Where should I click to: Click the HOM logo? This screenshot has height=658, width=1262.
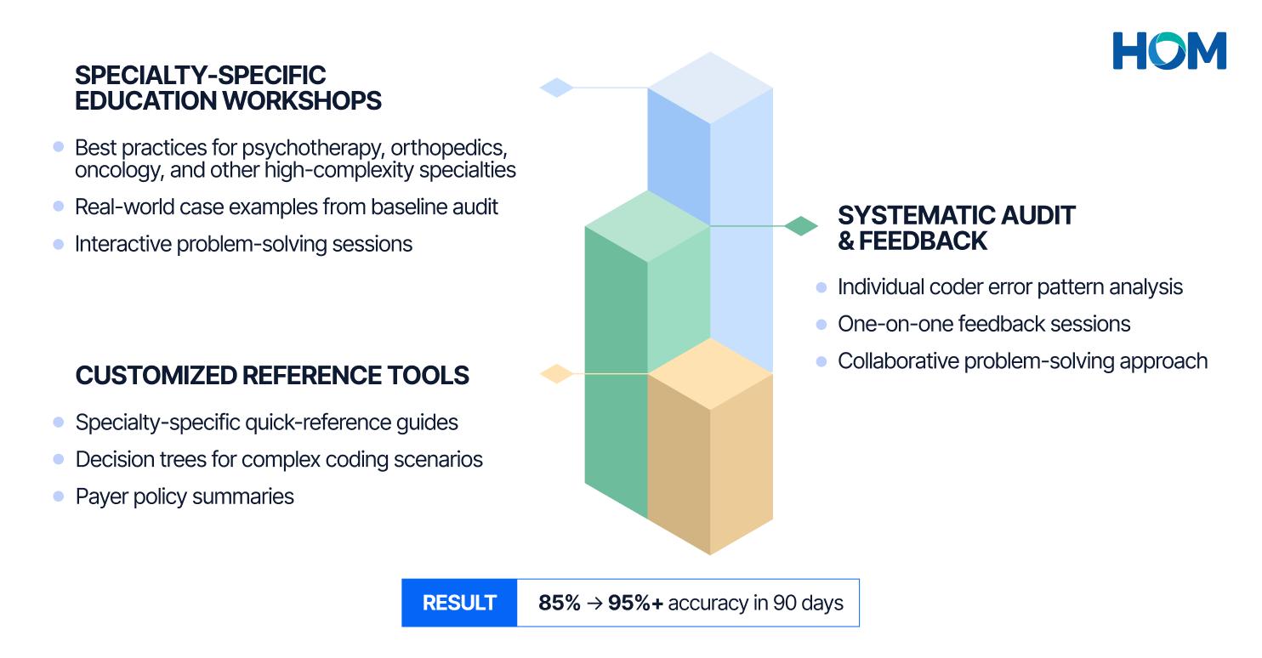[x=1169, y=50]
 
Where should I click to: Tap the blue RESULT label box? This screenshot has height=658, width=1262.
[x=459, y=604]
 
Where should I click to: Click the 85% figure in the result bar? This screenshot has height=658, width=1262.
[x=559, y=604]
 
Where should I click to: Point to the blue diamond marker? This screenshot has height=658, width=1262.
[x=557, y=87]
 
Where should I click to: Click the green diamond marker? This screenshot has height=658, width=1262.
[x=800, y=226]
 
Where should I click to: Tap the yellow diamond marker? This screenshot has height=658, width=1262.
[x=557, y=373]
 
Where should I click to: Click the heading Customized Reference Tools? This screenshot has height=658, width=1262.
[x=272, y=376]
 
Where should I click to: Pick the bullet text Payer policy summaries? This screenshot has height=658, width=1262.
[x=185, y=496]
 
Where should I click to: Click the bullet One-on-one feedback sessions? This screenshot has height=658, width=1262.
[x=984, y=324]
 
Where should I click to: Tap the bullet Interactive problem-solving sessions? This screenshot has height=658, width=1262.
[x=243, y=244]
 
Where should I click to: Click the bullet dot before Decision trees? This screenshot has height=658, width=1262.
[x=59, y=459]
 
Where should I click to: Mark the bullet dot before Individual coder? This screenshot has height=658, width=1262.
[x=821, y=287]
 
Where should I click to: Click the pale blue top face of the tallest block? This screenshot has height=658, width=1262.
[x=710, y=88]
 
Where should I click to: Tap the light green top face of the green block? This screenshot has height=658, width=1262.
[x=647, y=225]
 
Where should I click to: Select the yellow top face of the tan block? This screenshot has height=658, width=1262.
[x=710, y=373]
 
